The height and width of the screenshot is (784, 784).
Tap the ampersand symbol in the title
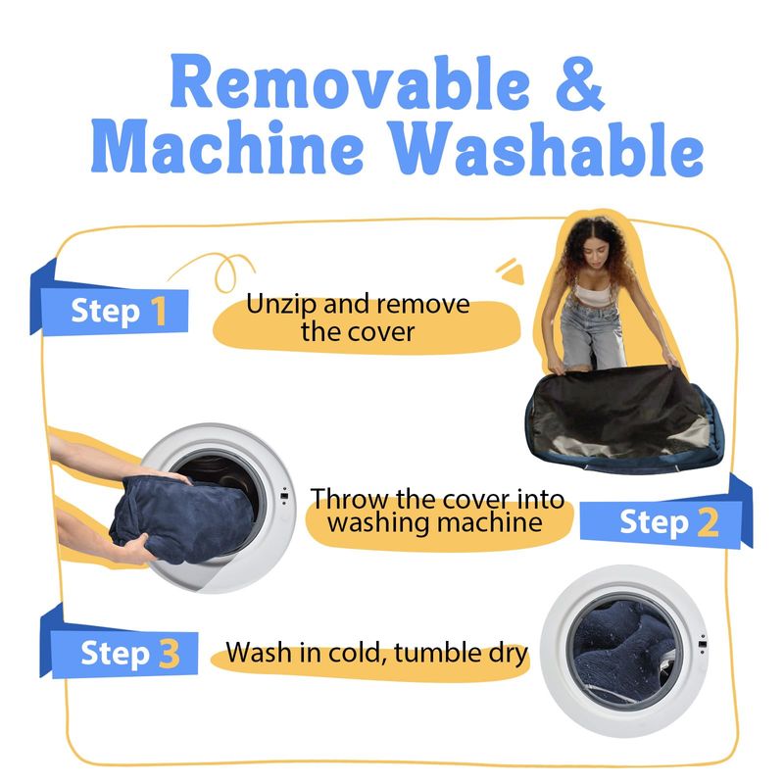[580, 83]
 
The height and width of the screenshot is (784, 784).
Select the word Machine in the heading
[227, 147]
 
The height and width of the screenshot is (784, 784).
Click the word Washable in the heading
[547, 149]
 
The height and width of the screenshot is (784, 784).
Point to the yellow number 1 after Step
[159, 311]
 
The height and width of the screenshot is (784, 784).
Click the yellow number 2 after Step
[708, 522]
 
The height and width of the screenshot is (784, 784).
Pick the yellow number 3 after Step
[170, 654]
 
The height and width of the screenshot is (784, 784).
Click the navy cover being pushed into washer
[182, 517]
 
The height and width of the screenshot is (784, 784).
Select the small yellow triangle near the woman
[514, 274]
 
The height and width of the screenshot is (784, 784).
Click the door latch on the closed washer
[703, 644]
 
